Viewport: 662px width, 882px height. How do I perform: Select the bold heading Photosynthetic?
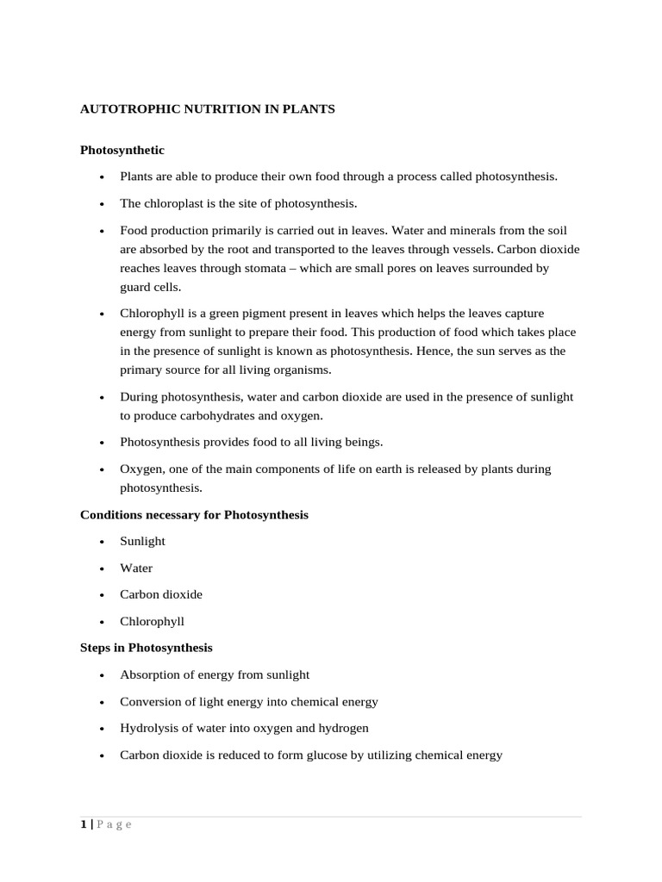[x=122, y=150]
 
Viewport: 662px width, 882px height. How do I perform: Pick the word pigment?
[x=256, y=314]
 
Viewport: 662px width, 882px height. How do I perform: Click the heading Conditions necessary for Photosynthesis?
[x=194, y=514]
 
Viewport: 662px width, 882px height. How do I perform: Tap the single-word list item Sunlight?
[x=142, y=541]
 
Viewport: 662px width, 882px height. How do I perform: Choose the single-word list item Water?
[x=136, y=568]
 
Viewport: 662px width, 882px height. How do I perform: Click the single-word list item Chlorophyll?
[x=152, y=621]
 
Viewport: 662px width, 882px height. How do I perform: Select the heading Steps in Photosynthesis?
[x=146, y=647]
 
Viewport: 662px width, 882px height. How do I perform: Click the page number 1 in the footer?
[x=84, y=824]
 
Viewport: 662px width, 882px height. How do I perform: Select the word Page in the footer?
[x=114, y=824]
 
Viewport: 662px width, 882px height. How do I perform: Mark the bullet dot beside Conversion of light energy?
[x=102, y=702]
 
